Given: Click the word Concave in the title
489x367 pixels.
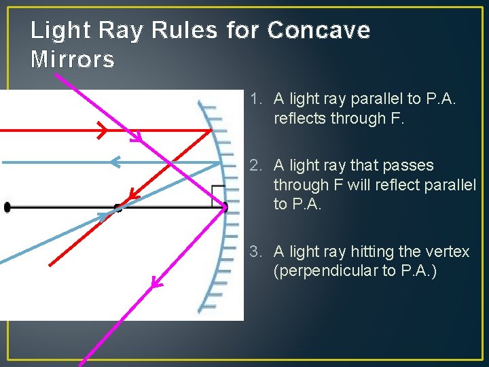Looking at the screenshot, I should [319, 31].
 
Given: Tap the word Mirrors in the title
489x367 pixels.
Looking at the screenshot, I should [73, 60].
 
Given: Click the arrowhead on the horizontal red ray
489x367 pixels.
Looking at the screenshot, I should [102, 129].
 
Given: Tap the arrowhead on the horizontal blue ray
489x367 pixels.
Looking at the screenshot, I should [115, 162].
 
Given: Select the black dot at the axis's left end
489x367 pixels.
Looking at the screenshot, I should [7, 207].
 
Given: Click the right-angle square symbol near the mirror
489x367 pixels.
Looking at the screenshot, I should [218, 196].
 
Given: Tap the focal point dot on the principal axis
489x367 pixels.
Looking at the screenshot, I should [118, 207].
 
